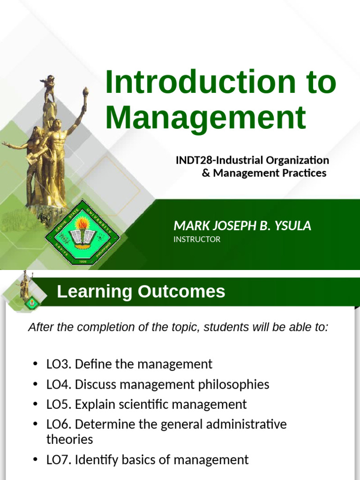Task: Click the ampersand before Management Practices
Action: pyautogui.click(x=206, y=173)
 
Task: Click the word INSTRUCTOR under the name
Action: pyautogui.click(x=197, y=240)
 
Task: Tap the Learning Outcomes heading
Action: pyautogui.click(x=141, y=292)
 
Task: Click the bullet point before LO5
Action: pyautogui.click(x=36, y=405)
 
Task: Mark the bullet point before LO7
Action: pyautogui.click(x=36, y=460)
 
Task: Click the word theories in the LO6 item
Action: pyautogui.click(x=69, y=439)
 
